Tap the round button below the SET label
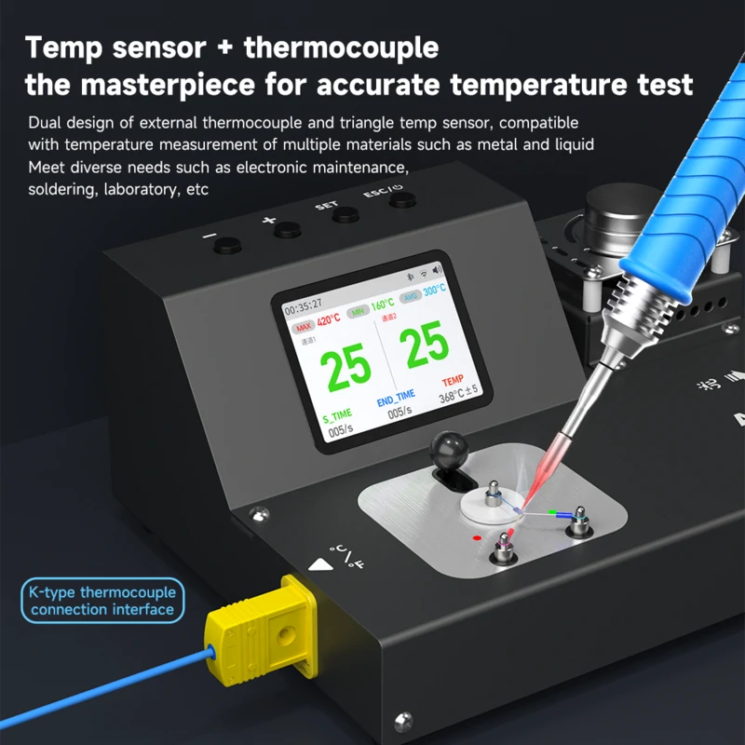pos(345,214)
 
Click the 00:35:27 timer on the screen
pos(304,305)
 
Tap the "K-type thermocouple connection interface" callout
pos(102,601)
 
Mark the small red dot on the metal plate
pos(477,538)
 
